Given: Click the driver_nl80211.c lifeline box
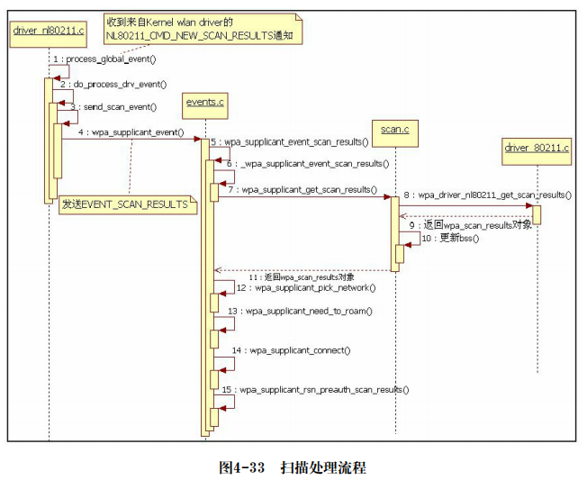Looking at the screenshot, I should pos(50,32).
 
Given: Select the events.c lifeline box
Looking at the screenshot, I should pos(205,102).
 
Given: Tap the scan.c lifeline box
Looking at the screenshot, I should pos(394,130).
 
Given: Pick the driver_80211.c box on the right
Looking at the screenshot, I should pos(537,147).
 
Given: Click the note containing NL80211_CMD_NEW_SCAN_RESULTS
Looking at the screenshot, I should pos(202,27).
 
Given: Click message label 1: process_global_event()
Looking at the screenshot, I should pos(104,59).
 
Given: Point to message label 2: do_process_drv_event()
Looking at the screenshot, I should pos(113,83).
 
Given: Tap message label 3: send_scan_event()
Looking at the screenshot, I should pos(113,106).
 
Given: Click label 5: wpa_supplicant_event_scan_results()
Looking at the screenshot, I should pos(289,141).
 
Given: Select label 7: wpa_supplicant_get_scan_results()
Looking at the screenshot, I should pos(302,189).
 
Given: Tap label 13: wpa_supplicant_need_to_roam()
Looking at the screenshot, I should pos(300,310).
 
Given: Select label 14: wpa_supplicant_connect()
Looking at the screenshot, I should pos(291,349).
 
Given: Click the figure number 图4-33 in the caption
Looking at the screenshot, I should pos(241,467).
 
